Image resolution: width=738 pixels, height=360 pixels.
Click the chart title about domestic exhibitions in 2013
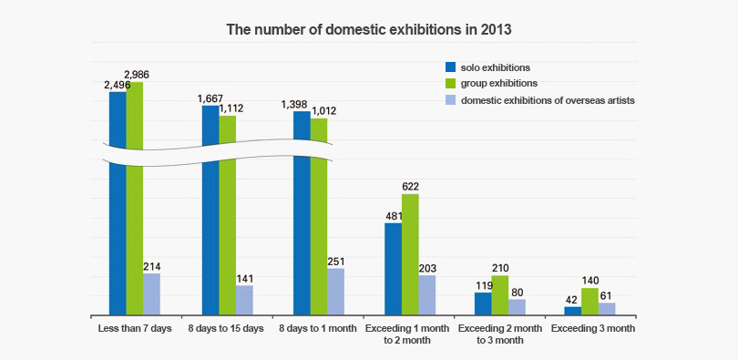pos(369,29)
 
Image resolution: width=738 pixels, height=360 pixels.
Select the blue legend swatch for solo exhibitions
pos(449,67)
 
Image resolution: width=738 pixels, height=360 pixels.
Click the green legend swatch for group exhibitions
pos(449,84)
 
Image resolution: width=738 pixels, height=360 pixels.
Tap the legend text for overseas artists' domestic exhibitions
pos(548,100)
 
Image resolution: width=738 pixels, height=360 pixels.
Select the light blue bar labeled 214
pos(151,293)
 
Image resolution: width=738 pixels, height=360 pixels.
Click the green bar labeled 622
pos(410,254)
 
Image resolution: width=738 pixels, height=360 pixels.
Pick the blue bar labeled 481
pos(393,269)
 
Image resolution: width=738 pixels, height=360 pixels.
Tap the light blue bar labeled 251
pos(335,291)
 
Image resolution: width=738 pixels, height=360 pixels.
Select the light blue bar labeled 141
pos(244,300)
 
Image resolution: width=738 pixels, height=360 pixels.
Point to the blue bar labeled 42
pos(573,311)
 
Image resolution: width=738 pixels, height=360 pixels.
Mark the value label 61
pos(607,296)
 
